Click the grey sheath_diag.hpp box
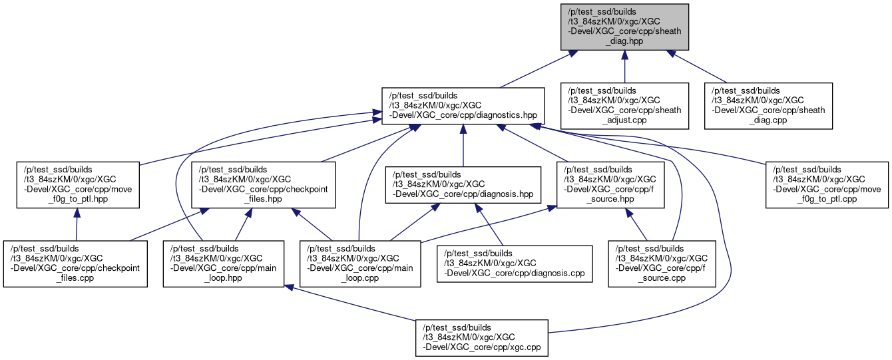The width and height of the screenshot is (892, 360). click(624, 26)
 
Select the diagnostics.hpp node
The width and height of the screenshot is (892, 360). click(463, 106)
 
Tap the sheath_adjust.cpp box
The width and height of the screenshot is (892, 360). click(624, 106)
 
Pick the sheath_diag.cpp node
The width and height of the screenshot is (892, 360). click(770, 106)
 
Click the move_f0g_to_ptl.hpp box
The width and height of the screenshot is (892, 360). click(77, 184)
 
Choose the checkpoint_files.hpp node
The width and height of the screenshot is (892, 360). click(264, 184)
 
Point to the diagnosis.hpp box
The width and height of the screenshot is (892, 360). click(463, 184)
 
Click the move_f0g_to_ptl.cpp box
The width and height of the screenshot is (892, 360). click(827, 184)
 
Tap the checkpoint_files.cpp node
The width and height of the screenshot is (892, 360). click(75, 264)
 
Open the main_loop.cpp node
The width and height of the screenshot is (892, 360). click(360, 264)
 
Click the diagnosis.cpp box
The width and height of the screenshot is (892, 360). click(514, 264)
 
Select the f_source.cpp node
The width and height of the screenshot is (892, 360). click(662, 264)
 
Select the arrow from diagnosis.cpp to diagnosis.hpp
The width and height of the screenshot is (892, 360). click(489, 226)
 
